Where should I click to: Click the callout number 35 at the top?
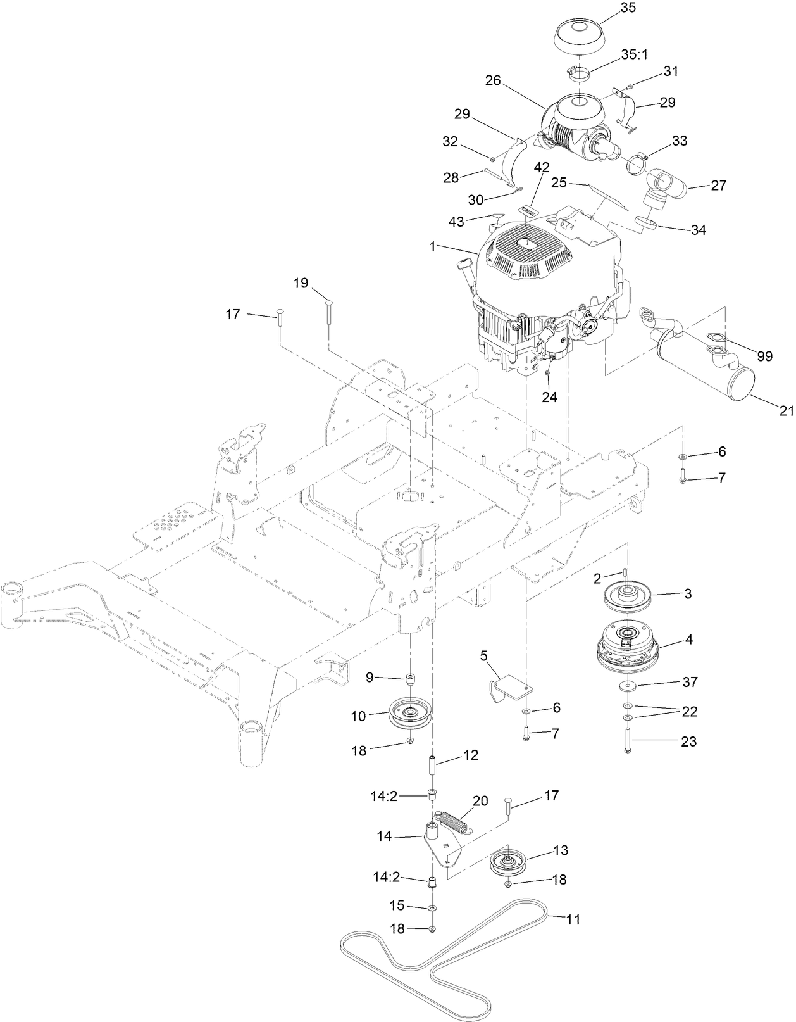(x=628, y=8)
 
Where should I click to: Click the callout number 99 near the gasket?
(x=764, y=356)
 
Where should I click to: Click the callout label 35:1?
(x=635, y=54)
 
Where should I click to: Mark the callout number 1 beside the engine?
(x=433, y=247)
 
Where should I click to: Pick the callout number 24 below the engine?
(x=549, y=397)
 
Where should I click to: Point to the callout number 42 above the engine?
(x=542, y=168)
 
